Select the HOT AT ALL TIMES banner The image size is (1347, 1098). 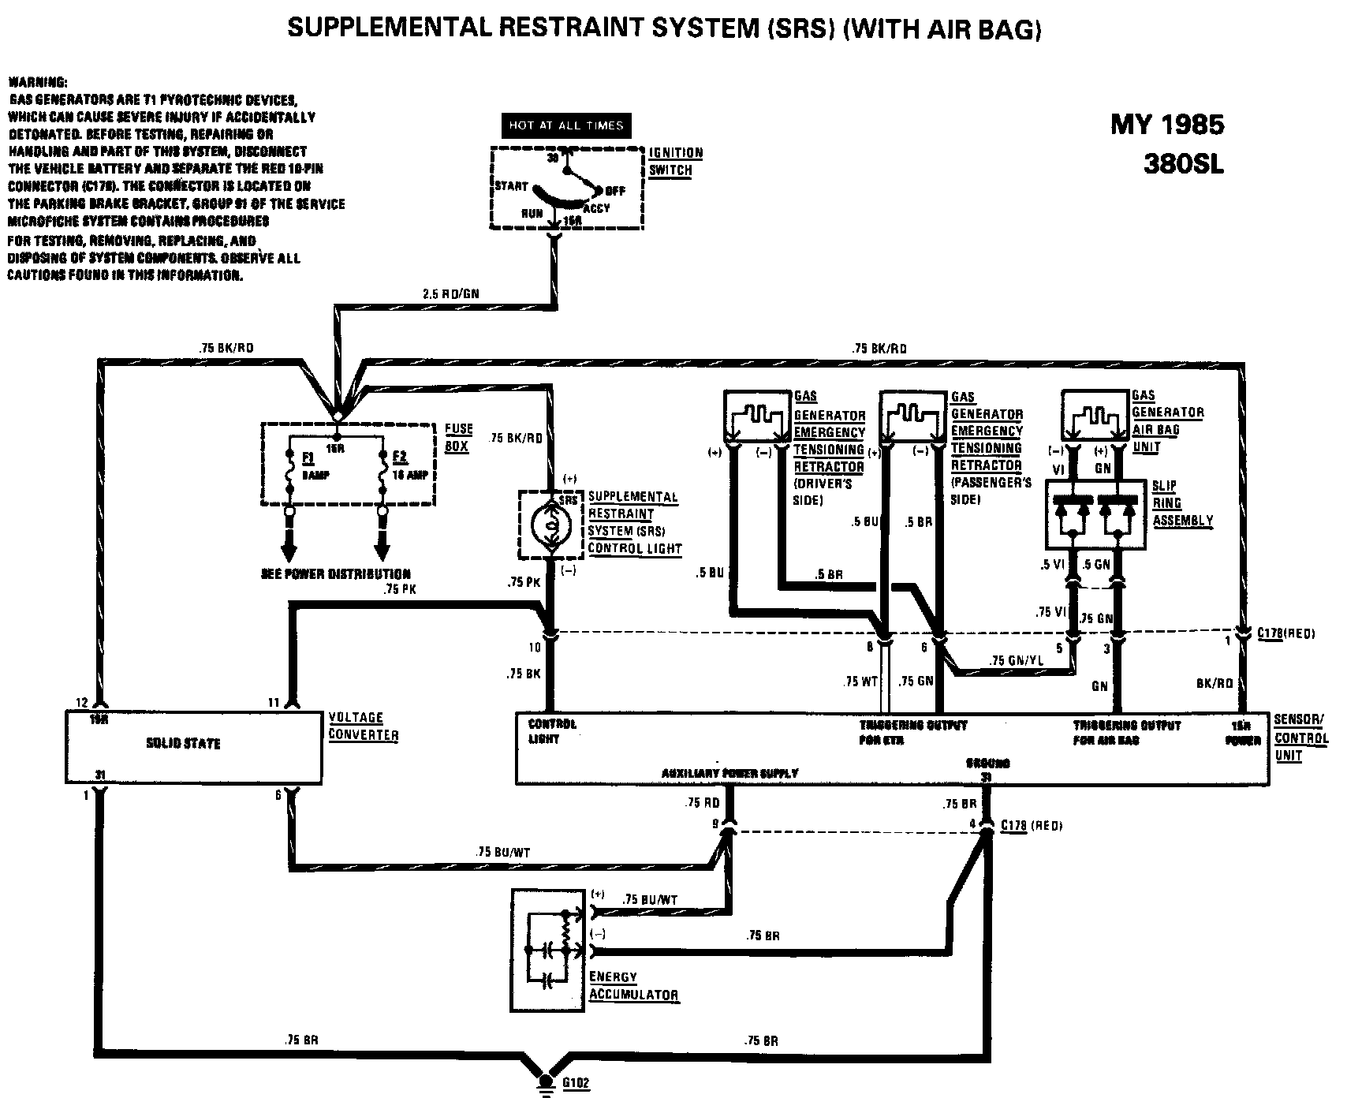(x=565, y=125)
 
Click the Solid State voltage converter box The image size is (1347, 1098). (x=193, y=745)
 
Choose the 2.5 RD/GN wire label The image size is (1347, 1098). (x=451, y=293)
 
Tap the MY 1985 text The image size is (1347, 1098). (x=1167, y=125)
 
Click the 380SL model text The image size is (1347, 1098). (x=1183, y=165)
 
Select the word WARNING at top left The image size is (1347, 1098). (x=37, y=83)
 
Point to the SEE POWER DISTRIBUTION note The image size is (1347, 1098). (x=336, y=573)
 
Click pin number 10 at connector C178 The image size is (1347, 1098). (x=535, y=648)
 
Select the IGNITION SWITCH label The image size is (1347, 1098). (x=675, y=162)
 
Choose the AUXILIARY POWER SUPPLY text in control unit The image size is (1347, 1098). (x=730, y=773)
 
